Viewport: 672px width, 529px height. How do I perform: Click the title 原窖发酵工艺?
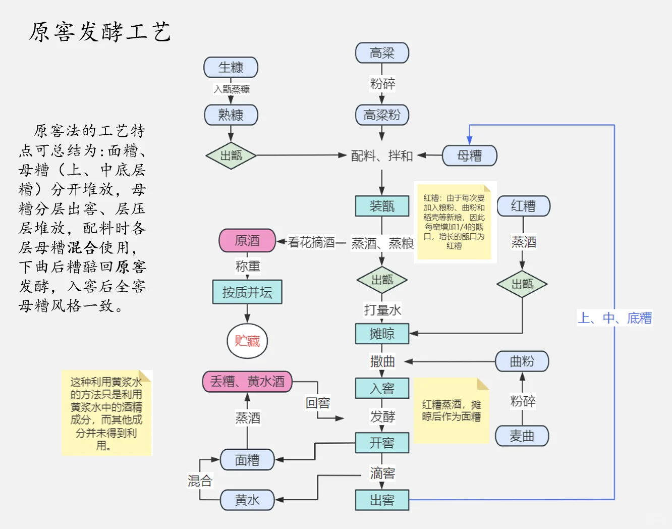[100, 32]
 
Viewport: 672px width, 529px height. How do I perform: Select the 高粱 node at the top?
[382, 53]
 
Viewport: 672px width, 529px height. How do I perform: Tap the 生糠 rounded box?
[231, 68]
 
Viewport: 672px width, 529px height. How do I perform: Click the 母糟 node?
[469, 155]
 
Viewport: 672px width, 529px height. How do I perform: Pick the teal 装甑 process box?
[382, 206]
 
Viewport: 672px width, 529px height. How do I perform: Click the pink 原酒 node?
[247, 241]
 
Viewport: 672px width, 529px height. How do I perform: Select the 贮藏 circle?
[247, 341]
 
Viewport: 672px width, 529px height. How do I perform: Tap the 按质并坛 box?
[247, 292]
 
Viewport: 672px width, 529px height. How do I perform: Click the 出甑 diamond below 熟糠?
[231, 155]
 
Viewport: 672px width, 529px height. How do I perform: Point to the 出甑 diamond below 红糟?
[522, 284]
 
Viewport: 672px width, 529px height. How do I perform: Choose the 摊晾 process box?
[382, 334]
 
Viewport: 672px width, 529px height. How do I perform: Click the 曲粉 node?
[522, 361]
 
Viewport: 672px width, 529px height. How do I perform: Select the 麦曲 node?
[522, 436]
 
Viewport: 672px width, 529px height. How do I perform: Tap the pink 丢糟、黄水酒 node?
[247, 382]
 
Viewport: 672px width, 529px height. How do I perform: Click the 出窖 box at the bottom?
[382, 500]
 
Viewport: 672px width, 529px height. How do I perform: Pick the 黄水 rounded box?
[247, 500]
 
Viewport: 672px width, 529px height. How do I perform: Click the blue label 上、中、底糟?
[614, 318]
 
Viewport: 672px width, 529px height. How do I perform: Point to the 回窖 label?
[318, 403]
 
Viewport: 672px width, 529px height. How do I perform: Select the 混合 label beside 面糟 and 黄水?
[200, 481]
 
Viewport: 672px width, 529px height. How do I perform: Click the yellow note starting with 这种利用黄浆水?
[106, 413]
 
